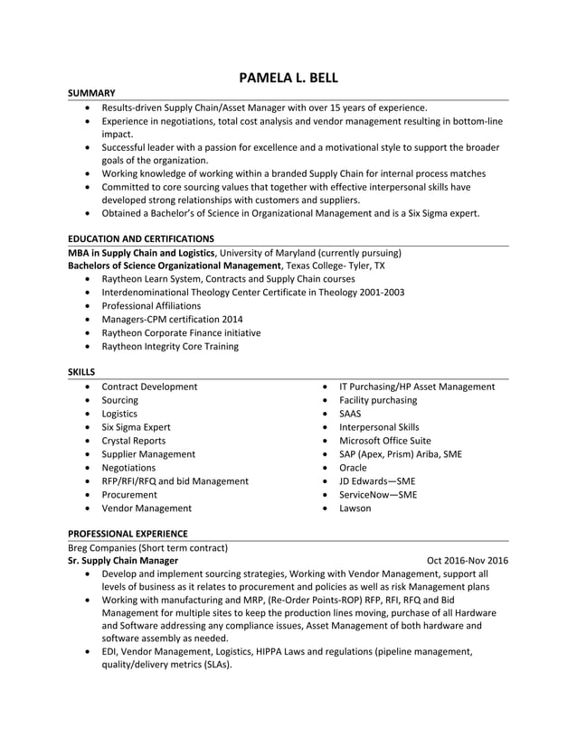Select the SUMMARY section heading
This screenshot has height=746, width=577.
pos(91,93)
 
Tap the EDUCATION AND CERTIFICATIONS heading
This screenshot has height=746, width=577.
pos(141,238)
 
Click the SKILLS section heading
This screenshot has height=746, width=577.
pos(81,371)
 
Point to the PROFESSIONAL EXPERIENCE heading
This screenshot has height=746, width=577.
pos(128,534)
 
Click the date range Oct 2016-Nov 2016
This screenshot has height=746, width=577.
pos(467,561)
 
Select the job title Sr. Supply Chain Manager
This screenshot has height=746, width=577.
pos(123,561)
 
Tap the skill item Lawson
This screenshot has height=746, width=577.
pos(355,508)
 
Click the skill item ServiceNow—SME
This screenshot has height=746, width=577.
pos(378,495)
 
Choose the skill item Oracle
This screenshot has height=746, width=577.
pos(353,468)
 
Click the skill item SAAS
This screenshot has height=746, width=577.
pos(350,414)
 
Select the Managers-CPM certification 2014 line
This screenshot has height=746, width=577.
pos(172,319)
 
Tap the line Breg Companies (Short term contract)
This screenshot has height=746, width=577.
pos(147,547)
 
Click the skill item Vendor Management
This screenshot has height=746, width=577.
pos(146,508)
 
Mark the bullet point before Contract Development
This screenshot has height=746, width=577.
pos(86,387)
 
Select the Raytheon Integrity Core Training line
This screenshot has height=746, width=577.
pos(170,346)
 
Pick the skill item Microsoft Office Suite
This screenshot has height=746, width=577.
pos(384,441)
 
